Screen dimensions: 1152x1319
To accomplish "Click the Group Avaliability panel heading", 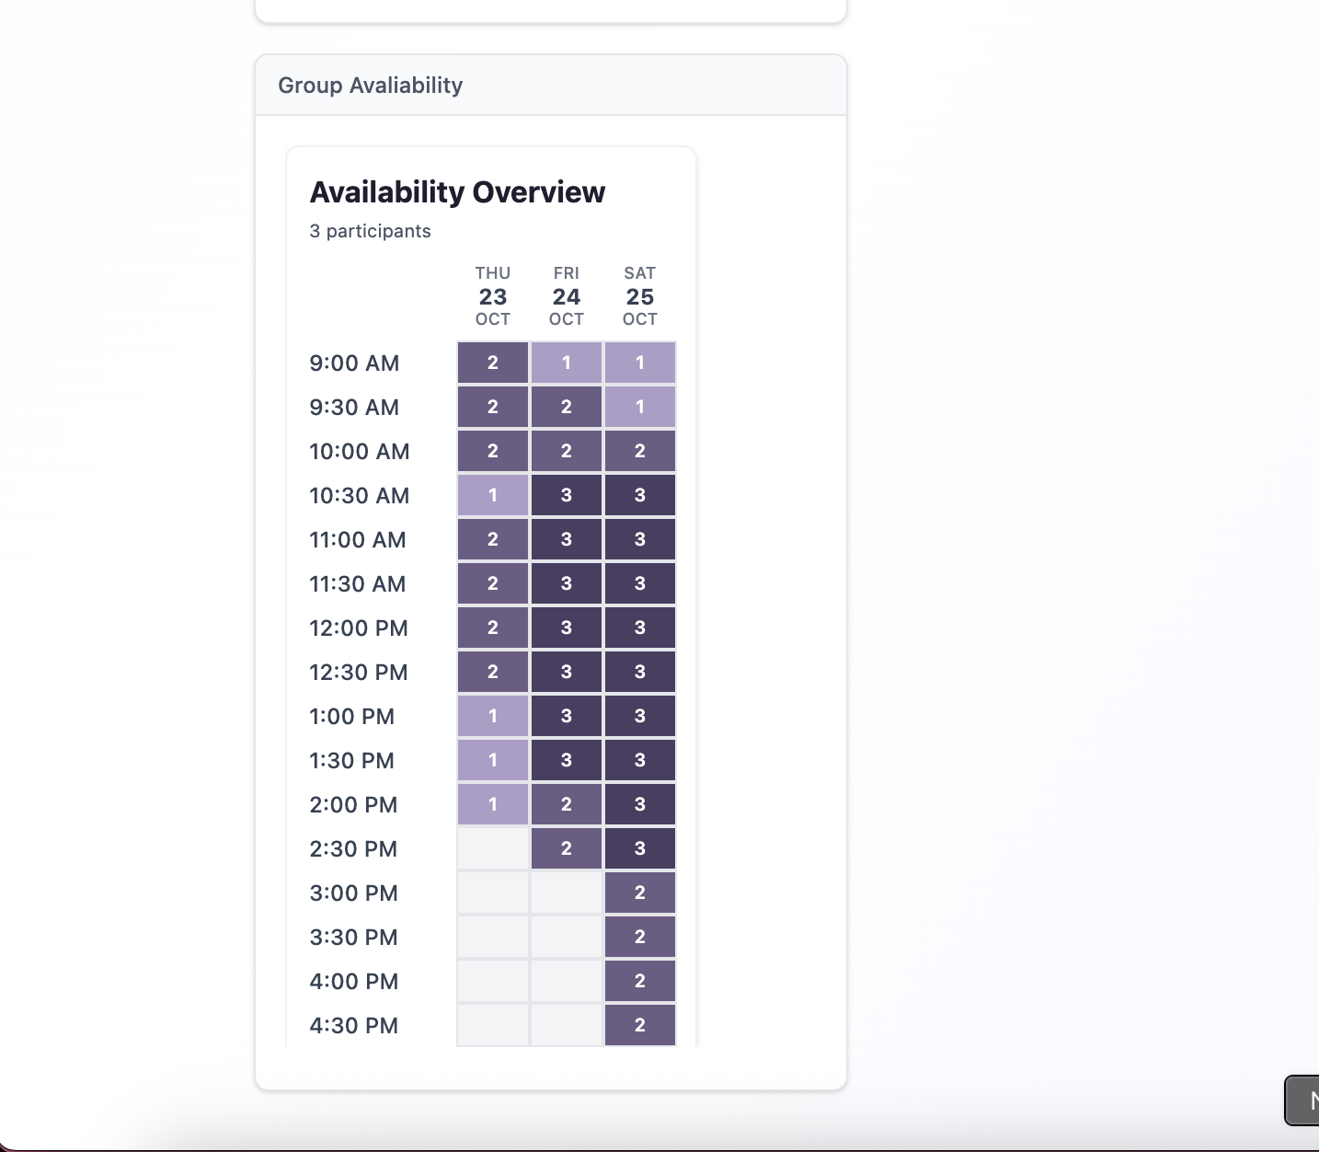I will coord(370,86).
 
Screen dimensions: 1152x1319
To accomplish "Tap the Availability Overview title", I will coord(457,192).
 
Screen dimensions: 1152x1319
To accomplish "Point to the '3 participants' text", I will coord(370,231).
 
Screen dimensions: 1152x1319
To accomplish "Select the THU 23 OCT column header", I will coord(493,296).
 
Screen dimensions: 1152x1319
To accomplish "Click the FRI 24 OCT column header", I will coord(567,296).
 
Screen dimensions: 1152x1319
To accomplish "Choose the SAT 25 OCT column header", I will coord(640,296).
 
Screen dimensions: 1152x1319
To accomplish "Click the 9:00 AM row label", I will coord(354,363).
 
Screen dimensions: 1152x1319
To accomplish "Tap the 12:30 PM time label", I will coord(358,673).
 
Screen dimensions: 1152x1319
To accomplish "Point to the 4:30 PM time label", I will coord(353,1026).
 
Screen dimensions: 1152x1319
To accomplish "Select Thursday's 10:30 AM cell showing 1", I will coord(493,495).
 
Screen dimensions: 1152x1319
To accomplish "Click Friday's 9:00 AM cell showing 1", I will coord(567,363).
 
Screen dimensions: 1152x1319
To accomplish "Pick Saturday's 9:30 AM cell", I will coord(640,407).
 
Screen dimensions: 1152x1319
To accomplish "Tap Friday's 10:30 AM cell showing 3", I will coord(567,495).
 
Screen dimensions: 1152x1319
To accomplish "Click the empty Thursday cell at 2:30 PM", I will coord(493,848).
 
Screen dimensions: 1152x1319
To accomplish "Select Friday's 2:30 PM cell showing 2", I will coord(567,848).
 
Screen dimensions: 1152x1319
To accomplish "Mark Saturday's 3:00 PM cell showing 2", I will coord(640,893).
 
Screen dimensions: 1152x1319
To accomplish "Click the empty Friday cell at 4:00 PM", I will coord(567,981).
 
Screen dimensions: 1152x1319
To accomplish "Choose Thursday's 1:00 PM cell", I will coord(493,716).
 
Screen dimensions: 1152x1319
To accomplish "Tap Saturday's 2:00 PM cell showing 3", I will coord(640,804).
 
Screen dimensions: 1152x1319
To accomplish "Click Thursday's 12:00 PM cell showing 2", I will coord(493,628).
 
